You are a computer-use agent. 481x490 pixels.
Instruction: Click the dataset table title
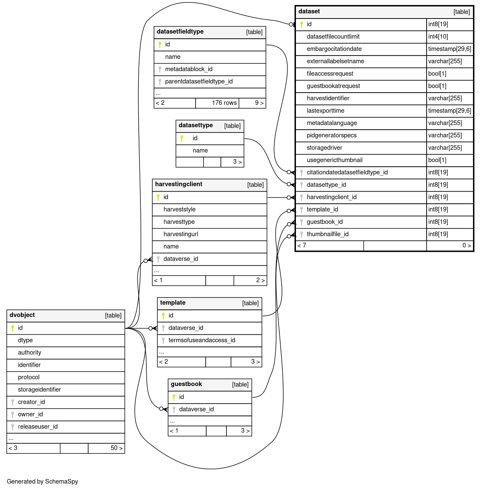click(309, 11)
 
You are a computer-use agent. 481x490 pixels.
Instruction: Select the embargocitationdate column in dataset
click(334, 49)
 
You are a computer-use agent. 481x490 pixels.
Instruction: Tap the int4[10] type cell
click(438, 37)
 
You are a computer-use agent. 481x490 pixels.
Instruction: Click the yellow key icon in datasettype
click(182, 138)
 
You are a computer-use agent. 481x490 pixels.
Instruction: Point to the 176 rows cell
click(224, 103)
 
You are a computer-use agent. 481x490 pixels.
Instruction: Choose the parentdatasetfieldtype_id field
click(199, 81)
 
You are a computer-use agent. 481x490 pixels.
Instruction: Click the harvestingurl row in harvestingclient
click(180, 234)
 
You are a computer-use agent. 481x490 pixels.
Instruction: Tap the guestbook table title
click(186, 384)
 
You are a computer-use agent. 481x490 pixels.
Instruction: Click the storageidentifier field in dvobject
click(39, 389)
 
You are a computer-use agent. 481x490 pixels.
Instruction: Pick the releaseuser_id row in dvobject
click(38, 426)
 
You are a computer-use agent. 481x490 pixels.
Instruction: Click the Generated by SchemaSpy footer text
click(42, 481)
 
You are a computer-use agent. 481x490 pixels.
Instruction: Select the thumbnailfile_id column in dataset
click(327, 234)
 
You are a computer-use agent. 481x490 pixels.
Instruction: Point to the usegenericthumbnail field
click(334, 160)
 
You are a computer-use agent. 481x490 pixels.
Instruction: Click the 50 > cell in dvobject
click(116, 448)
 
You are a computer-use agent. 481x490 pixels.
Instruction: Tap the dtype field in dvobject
click(25, 340)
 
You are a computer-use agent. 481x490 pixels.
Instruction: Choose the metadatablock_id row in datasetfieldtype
click(188, 69)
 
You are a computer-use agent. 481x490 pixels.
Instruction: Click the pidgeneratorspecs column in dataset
click(331, 135)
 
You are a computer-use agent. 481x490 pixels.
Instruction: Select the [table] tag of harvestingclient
click(255, 184)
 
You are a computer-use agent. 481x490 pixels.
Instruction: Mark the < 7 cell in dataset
click(302, 245)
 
